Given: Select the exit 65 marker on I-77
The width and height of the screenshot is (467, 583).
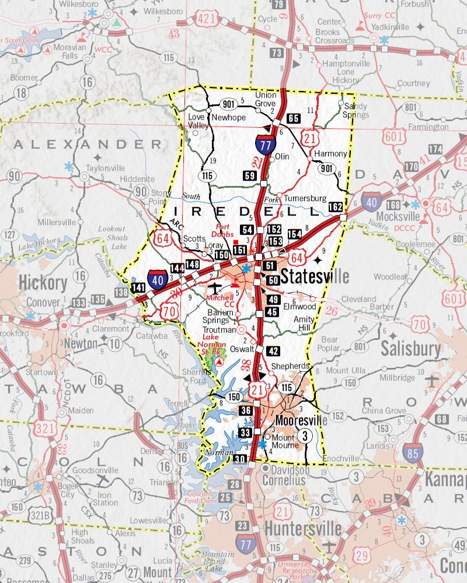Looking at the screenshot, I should click(294, 118).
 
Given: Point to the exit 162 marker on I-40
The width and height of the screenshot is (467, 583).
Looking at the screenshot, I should click(335, 207).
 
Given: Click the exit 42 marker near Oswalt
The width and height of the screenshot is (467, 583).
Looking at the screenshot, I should click(273, 351).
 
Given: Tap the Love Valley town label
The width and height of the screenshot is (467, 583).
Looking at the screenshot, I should click(197, 121).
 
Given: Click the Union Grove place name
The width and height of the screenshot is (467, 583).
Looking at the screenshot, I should click(266, 99).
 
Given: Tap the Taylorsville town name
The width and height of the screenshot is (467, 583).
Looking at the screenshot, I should click(106, 167).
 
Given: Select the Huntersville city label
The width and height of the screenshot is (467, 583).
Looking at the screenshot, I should click(302, 529).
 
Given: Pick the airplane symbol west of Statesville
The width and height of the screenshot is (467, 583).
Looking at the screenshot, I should click(216, 288).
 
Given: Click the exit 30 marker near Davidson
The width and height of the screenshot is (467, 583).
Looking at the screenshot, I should click(240, 459).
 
